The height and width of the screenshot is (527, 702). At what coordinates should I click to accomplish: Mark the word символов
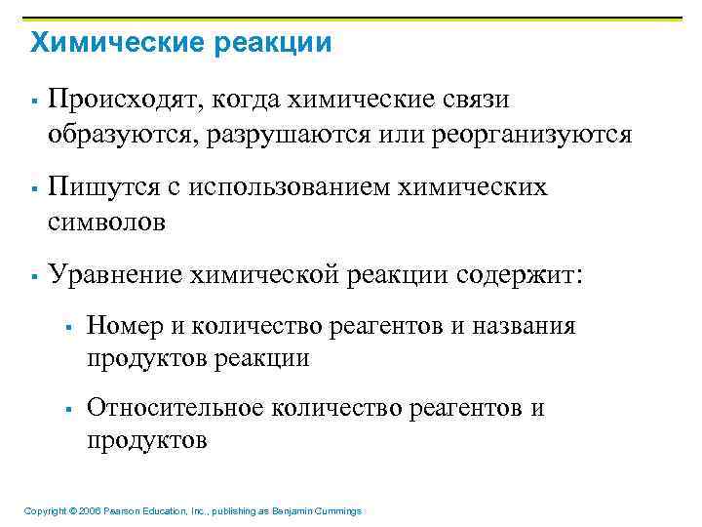pos(106,222)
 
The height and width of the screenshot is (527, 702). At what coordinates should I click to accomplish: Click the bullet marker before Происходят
pos(33,101)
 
